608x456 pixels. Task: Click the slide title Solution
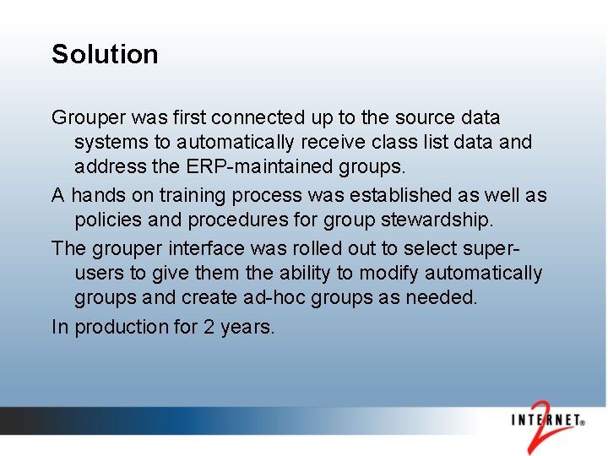[105, 54]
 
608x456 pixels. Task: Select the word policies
[106, 220]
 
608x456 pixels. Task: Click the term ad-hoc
[271, 297]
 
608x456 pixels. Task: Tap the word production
[122, 327]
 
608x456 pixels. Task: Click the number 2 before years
[209, 327]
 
